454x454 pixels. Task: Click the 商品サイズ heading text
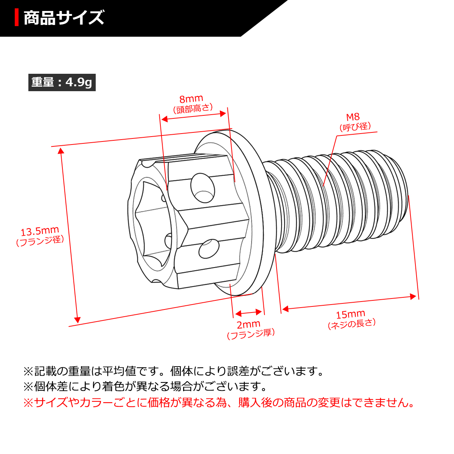pyautogui.click(x=64, y=18)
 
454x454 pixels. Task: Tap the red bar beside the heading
pyautogui.click(x=17, y=18)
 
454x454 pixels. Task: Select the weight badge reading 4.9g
pyautogui.click(x=62, y=82)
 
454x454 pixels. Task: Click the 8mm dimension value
pyautogui.click(x=191, y=99)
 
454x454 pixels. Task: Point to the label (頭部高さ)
pyautogui.click(x=193, y=109)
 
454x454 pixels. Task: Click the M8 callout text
pyautogui.click(x=353, y=117)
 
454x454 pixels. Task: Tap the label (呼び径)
pyautogui.click(x=355, y=127)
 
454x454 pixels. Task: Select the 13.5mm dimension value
pyautogui.click(x=40, y=231)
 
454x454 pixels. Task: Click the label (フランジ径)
pyautogui.click(x=40, y=241)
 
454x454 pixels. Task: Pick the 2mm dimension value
pyautogui.click(x=249, y=325)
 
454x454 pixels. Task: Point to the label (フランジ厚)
pyautogui.click(x=251, y=334)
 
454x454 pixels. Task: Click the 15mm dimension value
pyautogui.click(x=350, y=314)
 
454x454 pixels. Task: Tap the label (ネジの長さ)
pyautogui.click(x=352, y=324)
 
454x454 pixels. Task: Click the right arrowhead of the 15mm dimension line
pyautogui.click(x=414, y=297)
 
